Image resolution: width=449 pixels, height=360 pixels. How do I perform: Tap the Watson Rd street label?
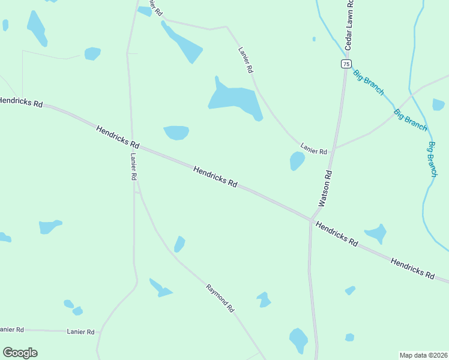[326, 188]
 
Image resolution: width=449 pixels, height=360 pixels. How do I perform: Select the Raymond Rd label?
[220, 298]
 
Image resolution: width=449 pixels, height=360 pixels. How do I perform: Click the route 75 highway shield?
[345, 64]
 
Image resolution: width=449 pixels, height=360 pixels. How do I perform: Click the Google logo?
[20, 353]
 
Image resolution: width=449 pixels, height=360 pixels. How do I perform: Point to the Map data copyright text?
[423, 355]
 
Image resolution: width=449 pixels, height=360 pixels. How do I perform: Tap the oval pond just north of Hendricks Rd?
[176, 133]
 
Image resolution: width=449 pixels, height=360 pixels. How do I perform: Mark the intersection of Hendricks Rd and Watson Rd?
[312, 220]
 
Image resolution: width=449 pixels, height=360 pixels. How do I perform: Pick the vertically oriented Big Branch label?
[432, 159]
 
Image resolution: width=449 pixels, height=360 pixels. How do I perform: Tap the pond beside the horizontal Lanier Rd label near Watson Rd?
[297, 161]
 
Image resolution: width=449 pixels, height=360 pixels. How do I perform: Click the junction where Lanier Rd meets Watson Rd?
[334, 147]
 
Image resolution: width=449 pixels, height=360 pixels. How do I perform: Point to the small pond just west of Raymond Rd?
[179, 244]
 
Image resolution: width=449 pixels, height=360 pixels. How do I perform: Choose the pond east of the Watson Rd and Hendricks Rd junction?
[377, 233]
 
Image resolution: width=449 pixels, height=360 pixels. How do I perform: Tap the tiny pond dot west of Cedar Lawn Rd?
[314, 39]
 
